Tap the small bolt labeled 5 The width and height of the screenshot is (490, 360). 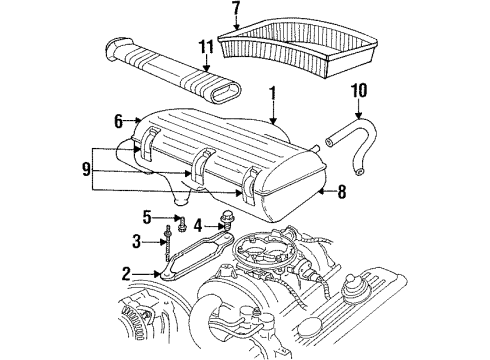pos(181,219)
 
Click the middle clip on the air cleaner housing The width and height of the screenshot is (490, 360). pos(204,161)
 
